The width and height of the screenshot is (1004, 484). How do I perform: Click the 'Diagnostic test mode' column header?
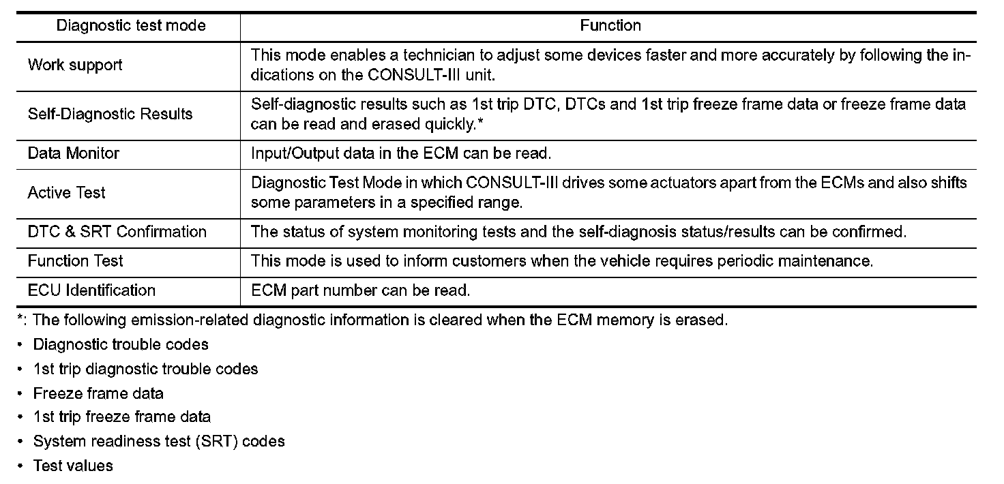click(x=130, y=26)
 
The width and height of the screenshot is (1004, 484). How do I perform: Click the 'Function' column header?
click(x=610, y=26)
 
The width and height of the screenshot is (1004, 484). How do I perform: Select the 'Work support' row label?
click(x=75, y=65)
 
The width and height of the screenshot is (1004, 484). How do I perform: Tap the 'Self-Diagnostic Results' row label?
click(x=110, y=114)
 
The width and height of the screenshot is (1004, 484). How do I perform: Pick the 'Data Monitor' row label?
click(x=74, y=153)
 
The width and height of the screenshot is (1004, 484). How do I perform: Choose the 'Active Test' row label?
click(x=67, y=193)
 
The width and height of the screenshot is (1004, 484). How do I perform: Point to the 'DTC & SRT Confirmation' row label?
click(x=117, y=232)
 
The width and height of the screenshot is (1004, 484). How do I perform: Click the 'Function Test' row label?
click(x=76, y=261)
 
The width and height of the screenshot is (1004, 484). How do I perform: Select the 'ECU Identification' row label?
click(x=91, y=290)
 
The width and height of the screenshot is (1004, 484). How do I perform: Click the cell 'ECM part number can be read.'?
click(x=361, y=290)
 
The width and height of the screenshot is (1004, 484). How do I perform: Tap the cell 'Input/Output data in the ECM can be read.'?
click(x=401, y=153)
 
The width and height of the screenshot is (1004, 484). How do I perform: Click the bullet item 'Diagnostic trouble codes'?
click(x=121, y=345)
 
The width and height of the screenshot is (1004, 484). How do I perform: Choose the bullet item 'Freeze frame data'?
click(x=98, y=393)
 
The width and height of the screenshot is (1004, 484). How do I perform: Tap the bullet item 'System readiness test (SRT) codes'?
click(x=159, y=441)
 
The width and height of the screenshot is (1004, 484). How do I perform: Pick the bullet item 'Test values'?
click(x=73, y=466)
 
